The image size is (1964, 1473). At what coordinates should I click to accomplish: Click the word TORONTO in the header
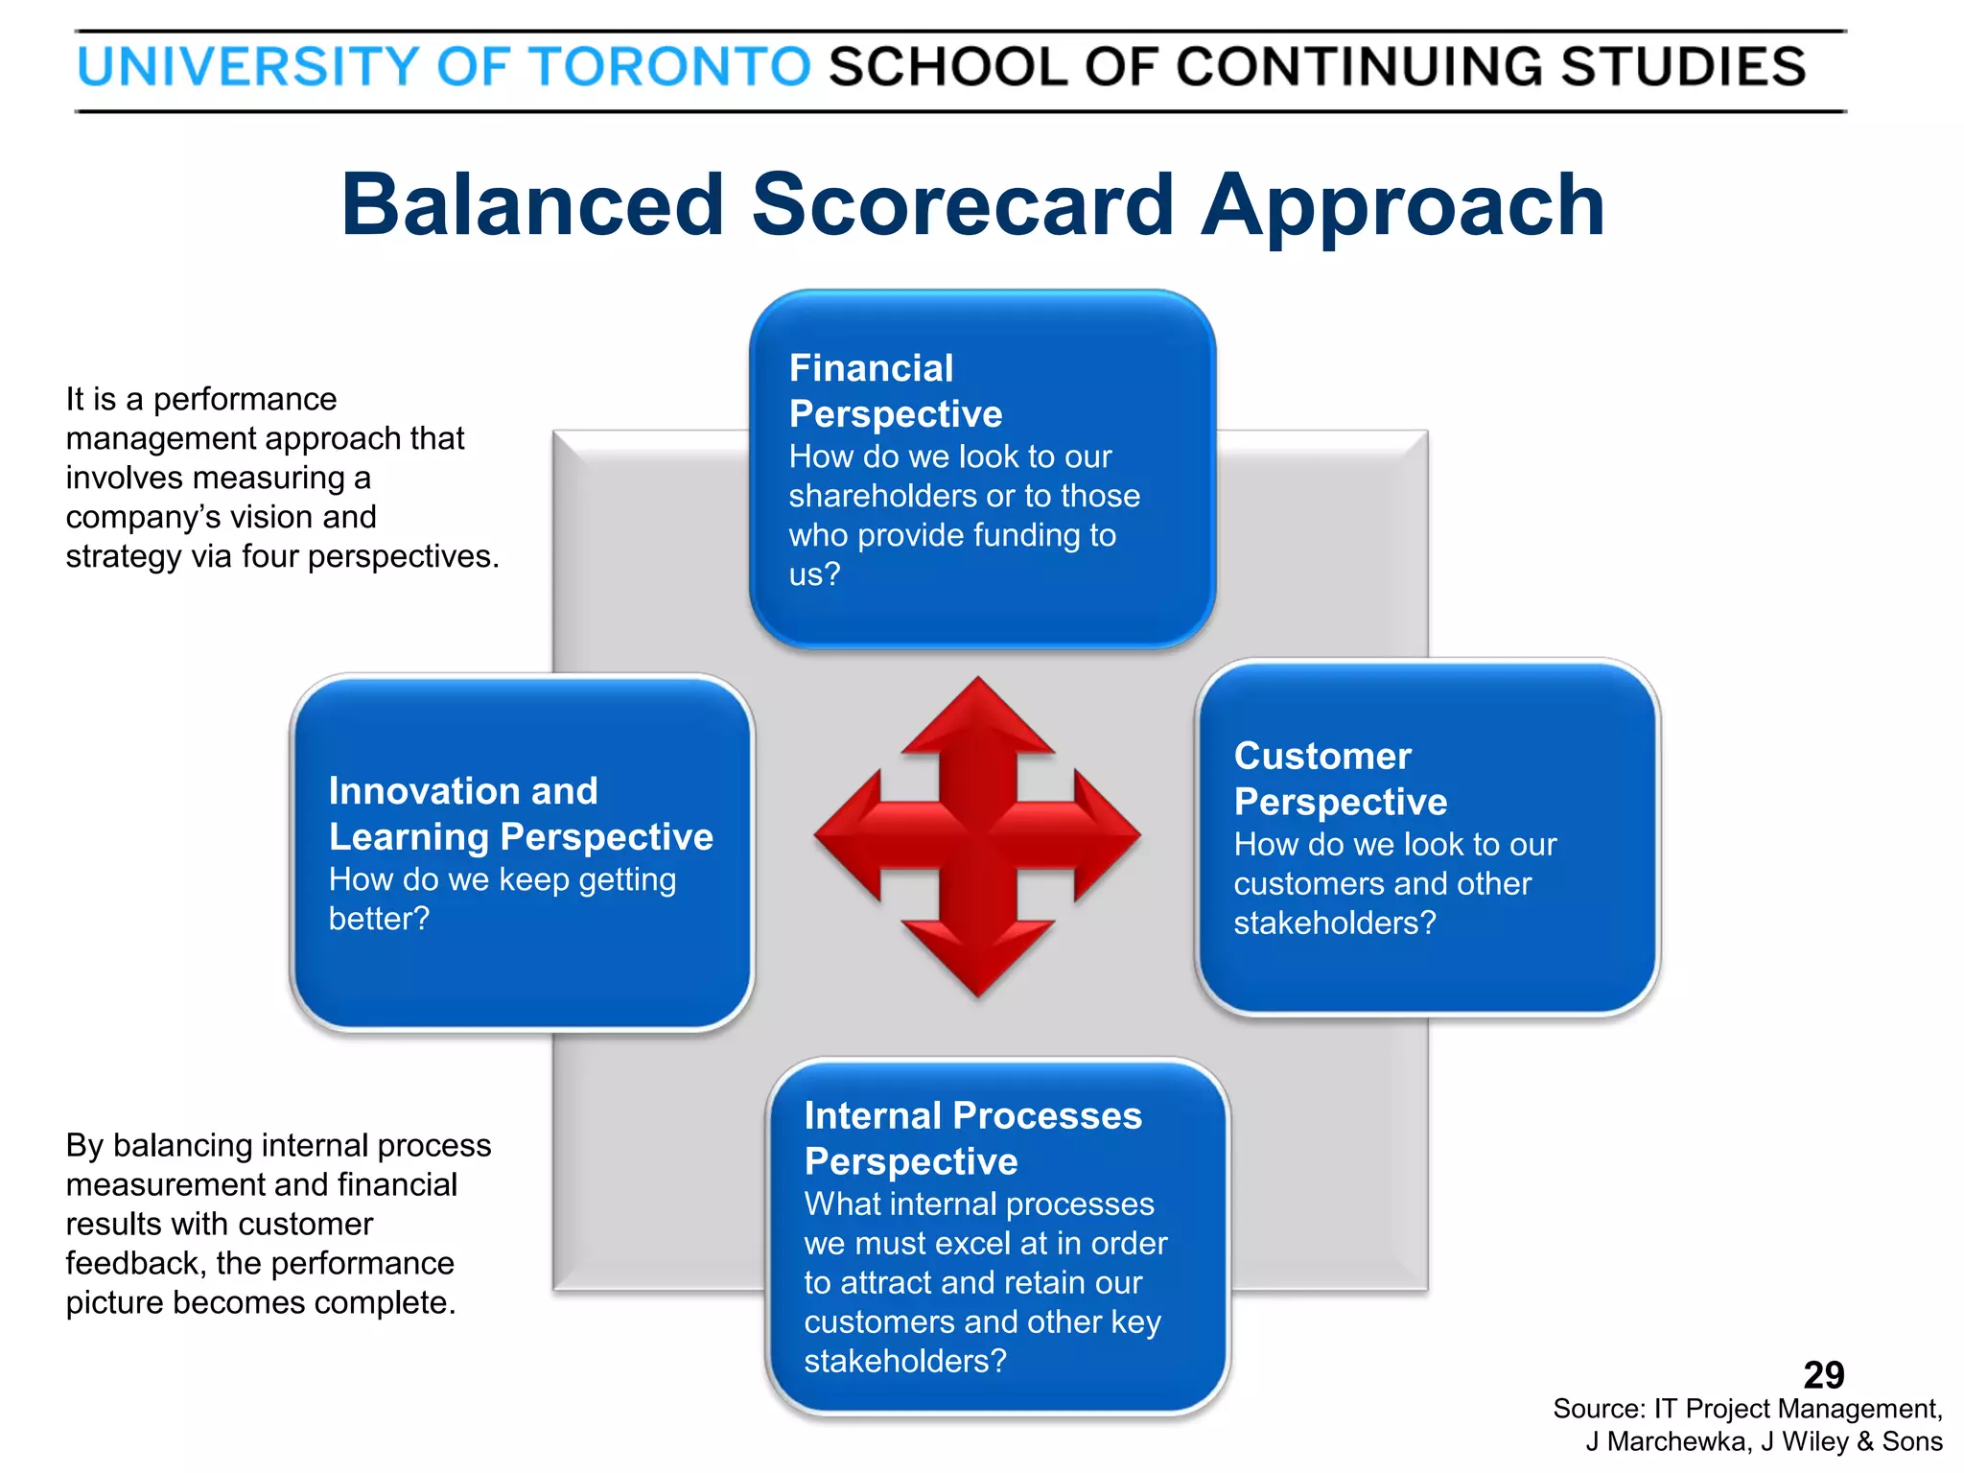pos(669,67)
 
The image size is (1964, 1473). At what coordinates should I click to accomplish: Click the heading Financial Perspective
pos(895,391)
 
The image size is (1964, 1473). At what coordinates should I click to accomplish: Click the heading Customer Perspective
pos(1340,779)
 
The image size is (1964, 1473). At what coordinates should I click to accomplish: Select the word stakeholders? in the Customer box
pos(1334,923)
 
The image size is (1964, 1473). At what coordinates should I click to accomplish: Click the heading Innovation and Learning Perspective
pos(520,814)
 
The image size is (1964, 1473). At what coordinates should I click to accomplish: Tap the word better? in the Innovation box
pos(379,919)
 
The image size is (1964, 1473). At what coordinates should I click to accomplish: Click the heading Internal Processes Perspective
pos(971,1138)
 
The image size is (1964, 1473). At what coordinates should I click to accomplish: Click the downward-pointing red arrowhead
pos(977,959)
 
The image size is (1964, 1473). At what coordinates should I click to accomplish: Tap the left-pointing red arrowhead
pos(849,835)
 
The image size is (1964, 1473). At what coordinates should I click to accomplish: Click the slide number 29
pos(1823,1375)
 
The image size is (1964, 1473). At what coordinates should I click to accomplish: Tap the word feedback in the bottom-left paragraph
pos(133,1264)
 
